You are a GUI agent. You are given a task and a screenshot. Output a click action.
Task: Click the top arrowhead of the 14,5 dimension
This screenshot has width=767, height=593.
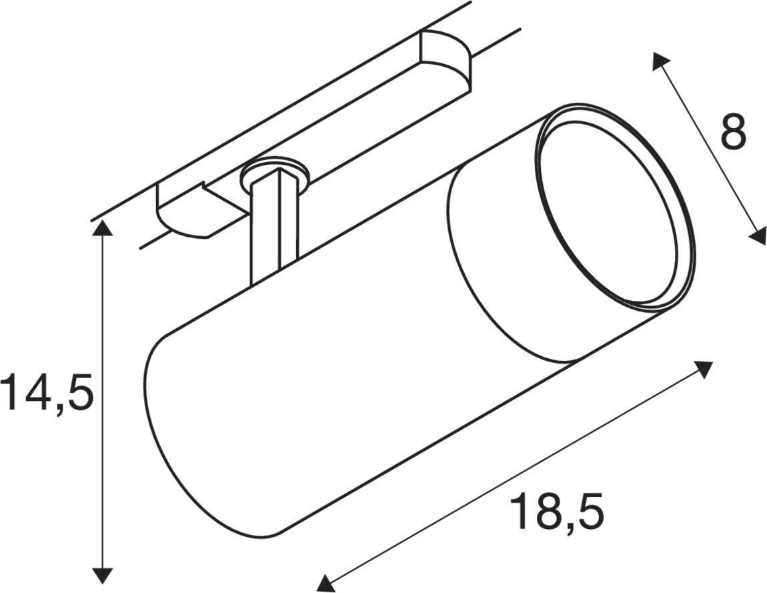click(102, 228)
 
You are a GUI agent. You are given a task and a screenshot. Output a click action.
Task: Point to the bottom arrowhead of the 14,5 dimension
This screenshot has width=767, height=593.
click(102, 575)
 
